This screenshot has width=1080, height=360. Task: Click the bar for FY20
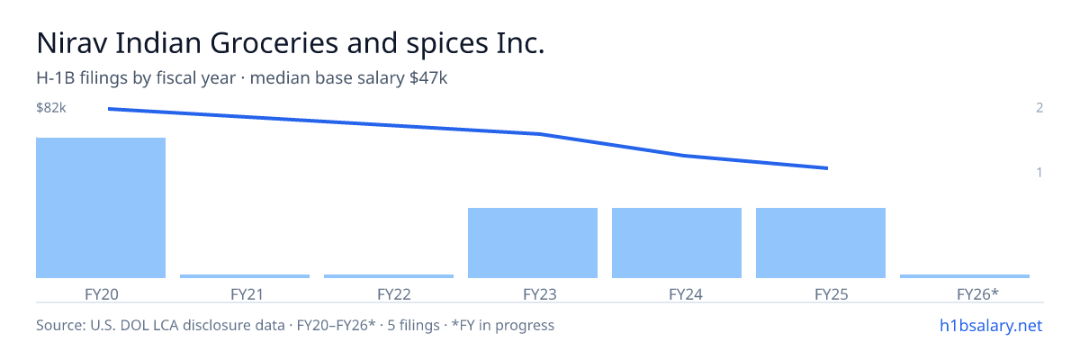click(101, 208)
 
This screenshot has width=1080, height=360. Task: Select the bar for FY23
click(533, 243)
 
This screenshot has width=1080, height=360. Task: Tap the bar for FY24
click(677, 243)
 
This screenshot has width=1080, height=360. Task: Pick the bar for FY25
click(821, 243)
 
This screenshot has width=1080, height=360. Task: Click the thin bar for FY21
click(245, 276)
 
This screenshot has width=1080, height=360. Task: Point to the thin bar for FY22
click(389, 276)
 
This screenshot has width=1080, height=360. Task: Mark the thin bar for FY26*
click(965, 276)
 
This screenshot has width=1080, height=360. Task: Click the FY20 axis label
click(101, 294)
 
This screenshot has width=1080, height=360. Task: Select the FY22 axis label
click(394, 294)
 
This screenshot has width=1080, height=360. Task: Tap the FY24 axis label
click(686, 294)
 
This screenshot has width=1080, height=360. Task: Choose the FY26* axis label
click(977, 294)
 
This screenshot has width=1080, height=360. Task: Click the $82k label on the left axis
click(51, 107)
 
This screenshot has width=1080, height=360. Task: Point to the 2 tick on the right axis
click(1039, 107)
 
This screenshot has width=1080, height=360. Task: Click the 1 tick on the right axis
click(1039, 172)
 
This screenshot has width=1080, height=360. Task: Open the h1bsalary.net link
click(991, 325)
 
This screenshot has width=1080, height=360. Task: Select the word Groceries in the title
click(274, 43)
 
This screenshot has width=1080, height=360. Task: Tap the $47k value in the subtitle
click(428, 78)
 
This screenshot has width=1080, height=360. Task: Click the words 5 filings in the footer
click(414, 325)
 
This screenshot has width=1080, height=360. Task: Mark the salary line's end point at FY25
click(827, 168)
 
